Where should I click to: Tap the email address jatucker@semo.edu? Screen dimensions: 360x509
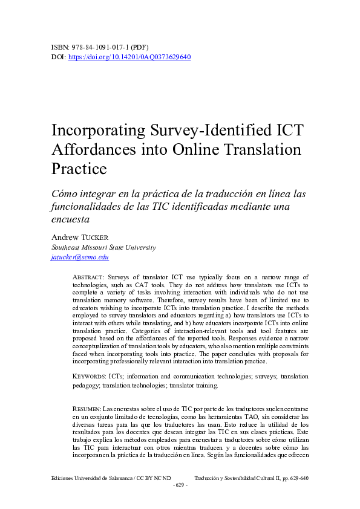(80, 257)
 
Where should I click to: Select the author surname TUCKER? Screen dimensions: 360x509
(96, 237)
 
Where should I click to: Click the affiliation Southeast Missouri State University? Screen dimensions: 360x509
(103, 247)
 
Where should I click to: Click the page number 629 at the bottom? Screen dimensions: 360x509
(180, 486)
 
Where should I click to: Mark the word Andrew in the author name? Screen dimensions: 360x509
(64, 237)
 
